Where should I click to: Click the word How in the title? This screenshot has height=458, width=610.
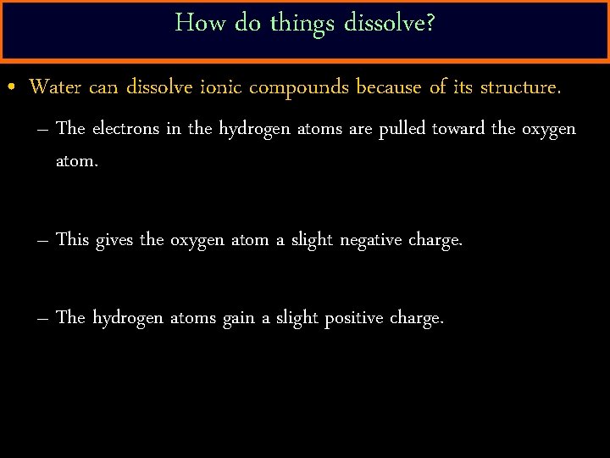[193, 23]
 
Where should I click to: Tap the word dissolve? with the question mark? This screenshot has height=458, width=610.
[390, 23]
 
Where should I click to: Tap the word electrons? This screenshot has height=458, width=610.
[125, 129]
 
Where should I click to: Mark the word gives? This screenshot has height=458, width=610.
[115, 241]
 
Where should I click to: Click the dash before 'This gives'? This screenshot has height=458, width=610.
[43, 240]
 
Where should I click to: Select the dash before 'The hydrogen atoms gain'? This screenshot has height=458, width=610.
[43, 318]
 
